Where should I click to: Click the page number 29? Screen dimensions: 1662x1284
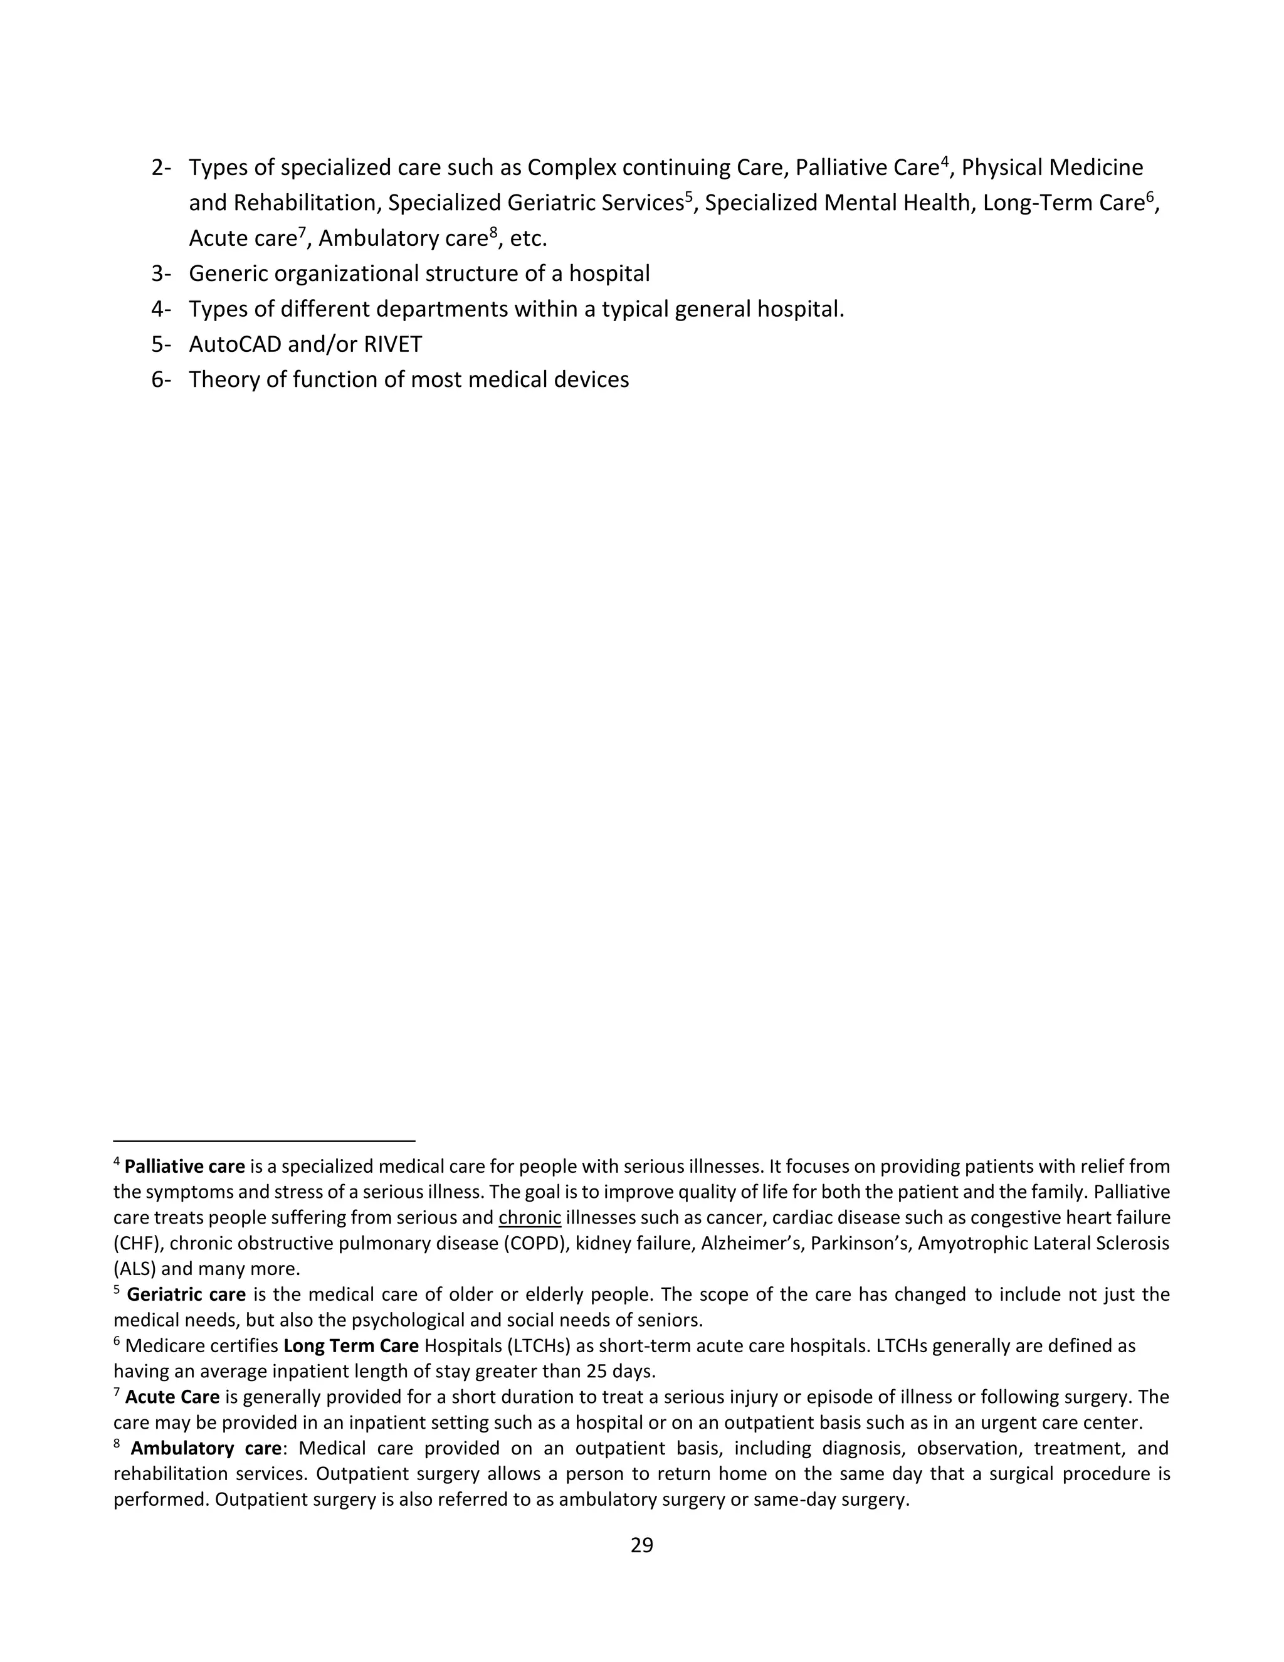(641, 1545)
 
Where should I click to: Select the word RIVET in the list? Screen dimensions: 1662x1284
(392, 345)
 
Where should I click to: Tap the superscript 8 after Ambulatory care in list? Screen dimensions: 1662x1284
(493, 232)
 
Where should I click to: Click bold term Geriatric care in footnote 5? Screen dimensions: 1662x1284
(186, 1294)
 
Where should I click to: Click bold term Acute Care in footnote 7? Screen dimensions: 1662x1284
(172, 1397)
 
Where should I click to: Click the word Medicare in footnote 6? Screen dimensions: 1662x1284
(157, 1345)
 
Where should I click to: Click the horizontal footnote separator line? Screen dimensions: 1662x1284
(264, 1141)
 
